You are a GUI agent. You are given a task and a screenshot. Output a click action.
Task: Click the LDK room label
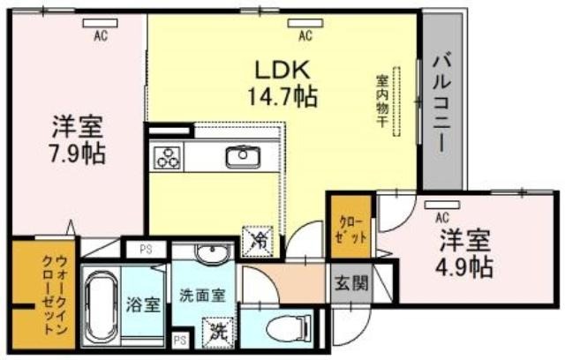click(282, 70)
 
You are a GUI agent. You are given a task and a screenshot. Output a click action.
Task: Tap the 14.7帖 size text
click(282, 96)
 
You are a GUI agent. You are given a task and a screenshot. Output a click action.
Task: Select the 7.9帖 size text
click(78, 154)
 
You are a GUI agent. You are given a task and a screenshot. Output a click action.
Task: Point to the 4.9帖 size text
click(464, 266)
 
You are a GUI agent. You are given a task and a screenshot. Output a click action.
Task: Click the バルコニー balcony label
click(441, 104)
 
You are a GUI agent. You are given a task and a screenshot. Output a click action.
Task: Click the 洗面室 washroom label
click(202, 296)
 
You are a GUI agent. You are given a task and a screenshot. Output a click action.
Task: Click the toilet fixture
click(290, 328)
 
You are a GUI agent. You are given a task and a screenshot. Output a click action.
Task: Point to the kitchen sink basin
click(244, 157)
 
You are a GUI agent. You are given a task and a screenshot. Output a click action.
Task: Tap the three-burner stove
click(167, 157)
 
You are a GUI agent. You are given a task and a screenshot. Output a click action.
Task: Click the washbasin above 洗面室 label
click(212, 251)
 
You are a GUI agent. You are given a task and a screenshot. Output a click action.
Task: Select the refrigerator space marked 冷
click(257, 242)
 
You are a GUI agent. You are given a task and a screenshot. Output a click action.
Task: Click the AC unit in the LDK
click(305, 24)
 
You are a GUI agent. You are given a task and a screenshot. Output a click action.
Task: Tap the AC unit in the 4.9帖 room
click(441, 205)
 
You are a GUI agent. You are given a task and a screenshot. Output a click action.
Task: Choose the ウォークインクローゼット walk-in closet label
click(53, 295)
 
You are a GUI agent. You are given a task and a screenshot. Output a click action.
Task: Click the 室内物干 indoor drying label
click(381, 101)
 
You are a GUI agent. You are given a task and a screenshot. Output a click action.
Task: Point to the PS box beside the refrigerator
click(146, 249)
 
